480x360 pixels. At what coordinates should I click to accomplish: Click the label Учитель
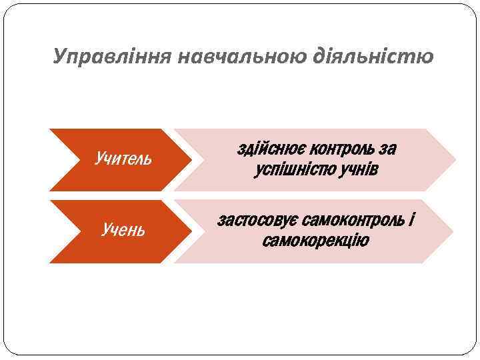(123, 159)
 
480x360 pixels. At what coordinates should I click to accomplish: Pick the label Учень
(123, 231)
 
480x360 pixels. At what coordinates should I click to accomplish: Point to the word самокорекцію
(315, 240)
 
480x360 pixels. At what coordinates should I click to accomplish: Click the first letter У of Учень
(105, 231)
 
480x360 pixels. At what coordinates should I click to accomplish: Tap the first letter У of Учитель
(99, 159)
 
